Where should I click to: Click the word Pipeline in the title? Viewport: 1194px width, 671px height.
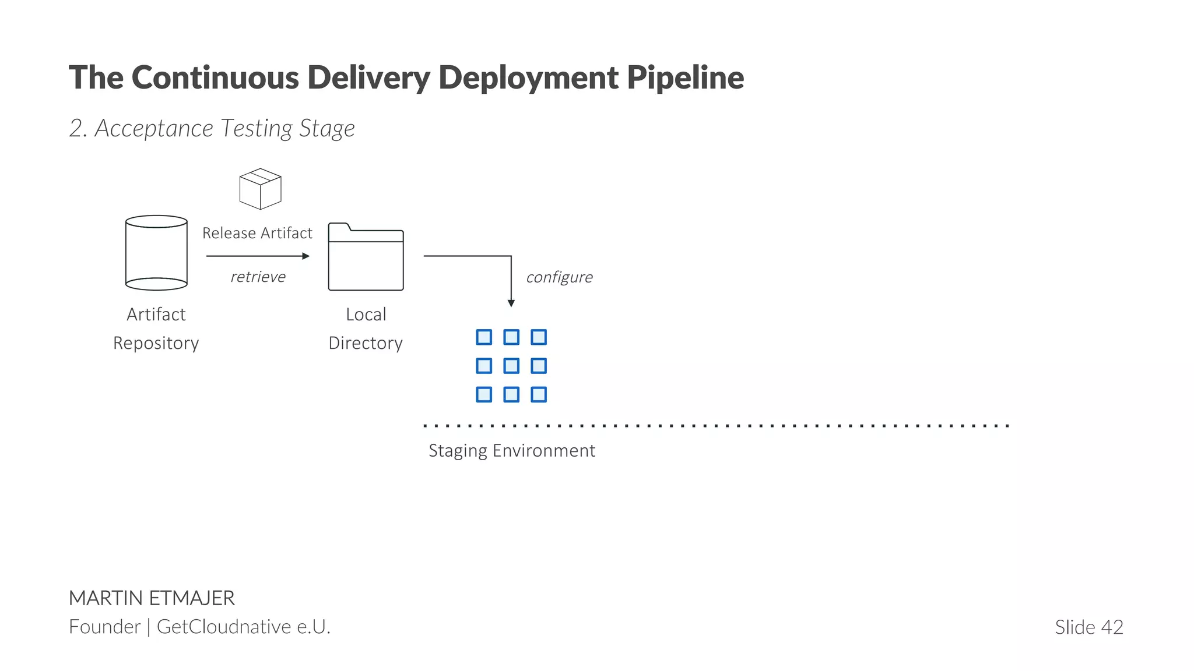click(x=685, y=77)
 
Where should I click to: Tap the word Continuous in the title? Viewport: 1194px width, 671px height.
click(x=215, y=77)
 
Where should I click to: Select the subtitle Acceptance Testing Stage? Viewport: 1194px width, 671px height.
click(x=224, y=128)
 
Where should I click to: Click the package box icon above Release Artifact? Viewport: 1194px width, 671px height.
click(x=260, y=189)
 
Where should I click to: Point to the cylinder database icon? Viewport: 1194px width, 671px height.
click(x=156, y=253)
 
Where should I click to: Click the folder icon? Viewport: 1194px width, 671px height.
click(x=366, y=257)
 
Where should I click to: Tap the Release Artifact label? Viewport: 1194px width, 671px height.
click(x=257, y=233)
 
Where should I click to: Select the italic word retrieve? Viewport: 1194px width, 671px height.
click(x=258, y=277)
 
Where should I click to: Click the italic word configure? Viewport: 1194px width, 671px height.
click(x=559, y=277)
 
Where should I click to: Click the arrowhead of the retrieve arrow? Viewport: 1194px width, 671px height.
click(x=306, y=256)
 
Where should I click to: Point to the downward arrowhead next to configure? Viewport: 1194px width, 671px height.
click(x=511, y=303)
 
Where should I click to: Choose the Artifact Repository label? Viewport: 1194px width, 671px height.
click(x=156, y=329)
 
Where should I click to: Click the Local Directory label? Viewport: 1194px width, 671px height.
click(x=366, y=329)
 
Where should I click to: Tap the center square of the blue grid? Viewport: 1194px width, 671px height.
click(x=511, y=366)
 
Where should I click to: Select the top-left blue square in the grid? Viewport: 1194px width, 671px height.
click(x=484, y=337)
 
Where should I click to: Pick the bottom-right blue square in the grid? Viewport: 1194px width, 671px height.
click(x=539, y=394)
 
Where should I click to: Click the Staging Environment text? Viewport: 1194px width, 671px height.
click(x=512, y=451)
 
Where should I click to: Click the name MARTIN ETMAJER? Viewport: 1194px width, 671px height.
click(x=152, y=598)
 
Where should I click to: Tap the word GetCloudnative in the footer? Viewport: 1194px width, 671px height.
click(x=224, y=627)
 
